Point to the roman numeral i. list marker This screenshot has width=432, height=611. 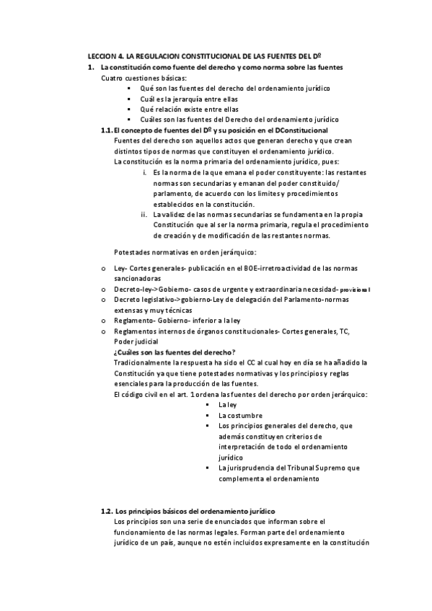(x=144, y=173)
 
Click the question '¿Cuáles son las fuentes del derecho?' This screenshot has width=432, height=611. (x=170, y=351)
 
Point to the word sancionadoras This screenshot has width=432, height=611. (x=138, y=278)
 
